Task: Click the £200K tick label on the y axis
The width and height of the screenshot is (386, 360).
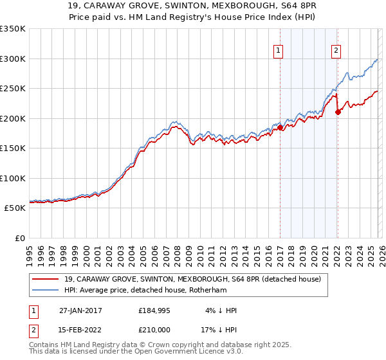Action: coord(12,118)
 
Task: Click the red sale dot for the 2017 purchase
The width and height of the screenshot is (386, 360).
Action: coord(280,128)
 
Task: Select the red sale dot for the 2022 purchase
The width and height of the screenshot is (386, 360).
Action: coord(338,113)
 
